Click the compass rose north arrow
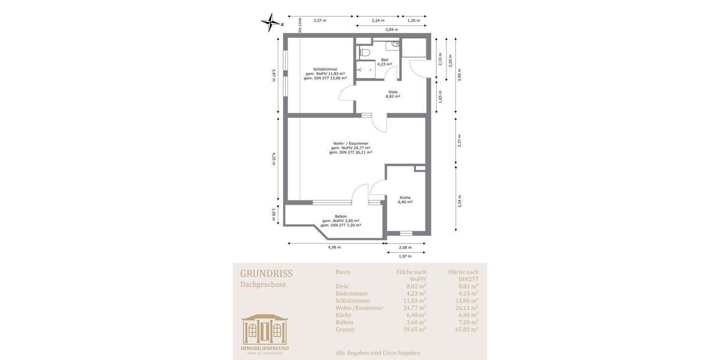click(271, 22)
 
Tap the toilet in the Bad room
click(364, 53)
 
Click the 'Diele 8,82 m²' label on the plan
click(393, 94)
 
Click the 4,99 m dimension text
click(334, 247)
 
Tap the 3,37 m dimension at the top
click(320, 20)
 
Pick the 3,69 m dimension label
click(392, 29)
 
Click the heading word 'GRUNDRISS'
click(266, 274)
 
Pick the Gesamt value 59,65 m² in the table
click(415, 329)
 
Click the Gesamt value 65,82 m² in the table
click(466, 329)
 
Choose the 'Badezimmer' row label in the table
click(353, 293)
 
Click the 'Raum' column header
click(343, 272)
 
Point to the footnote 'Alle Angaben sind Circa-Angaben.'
click(378, 353)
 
